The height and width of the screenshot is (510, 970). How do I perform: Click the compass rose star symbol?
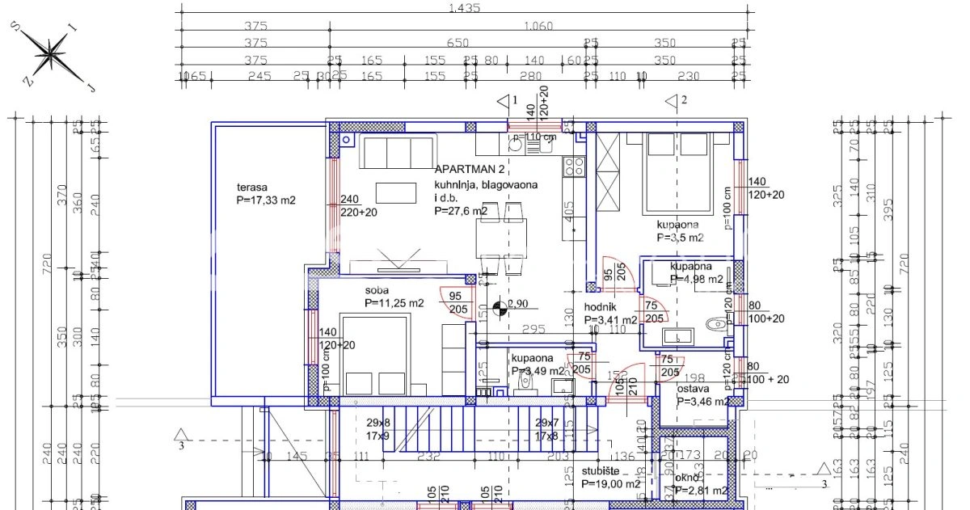(53, 55)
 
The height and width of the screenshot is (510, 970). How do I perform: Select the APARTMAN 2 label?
(470, 170)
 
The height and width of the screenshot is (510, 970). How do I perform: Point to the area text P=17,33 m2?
(265, 200)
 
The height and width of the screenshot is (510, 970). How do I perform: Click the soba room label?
(377, 290)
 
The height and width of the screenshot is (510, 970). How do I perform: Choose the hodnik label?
(601, 307)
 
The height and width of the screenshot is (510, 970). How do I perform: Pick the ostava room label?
(694, 388)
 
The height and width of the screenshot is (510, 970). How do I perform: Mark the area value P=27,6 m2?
(461, 211)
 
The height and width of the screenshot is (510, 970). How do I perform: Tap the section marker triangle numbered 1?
(504, 101)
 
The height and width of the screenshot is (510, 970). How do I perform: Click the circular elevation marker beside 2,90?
(498, 306)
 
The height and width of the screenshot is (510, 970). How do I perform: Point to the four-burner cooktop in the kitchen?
(574, 166)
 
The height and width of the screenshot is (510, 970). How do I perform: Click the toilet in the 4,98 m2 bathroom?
(715, 324)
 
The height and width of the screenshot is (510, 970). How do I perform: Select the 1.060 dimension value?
(538, 26)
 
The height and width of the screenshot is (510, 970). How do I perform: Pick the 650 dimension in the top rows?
(458, 44)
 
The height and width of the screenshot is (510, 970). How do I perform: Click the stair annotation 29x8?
(377, 423)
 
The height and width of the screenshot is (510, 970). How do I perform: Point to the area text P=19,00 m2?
(610, 484)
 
